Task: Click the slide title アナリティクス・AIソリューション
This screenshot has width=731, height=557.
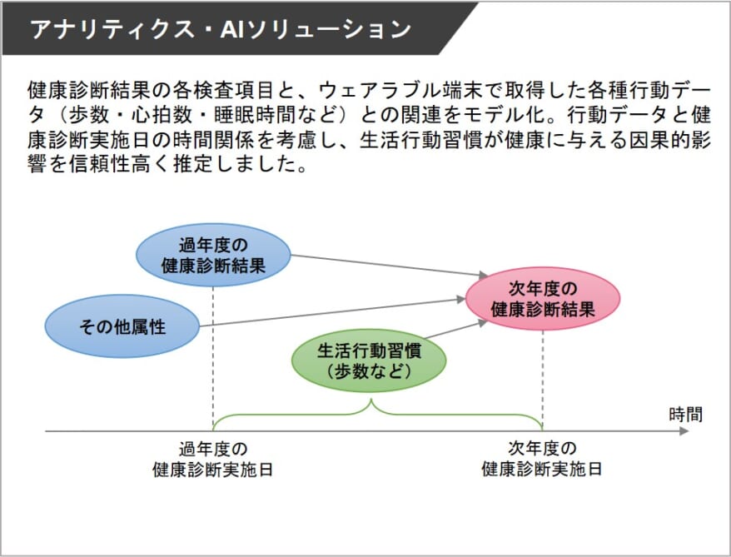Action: click(x=220, y=29)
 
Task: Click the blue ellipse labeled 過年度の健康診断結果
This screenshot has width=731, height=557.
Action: click(x=213, y=256)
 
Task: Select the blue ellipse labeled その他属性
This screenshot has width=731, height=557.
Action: click(x=122, y=326)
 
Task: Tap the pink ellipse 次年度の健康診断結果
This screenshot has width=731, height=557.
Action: click(x=543, y=299)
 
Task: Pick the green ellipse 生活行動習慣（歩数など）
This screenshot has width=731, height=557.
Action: click(x=369, y=361)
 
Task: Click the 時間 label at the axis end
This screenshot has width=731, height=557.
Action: click(x=685, y=414)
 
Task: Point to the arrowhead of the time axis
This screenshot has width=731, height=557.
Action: click(x=684, y=431)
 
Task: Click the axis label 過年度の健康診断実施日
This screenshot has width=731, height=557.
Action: click(x=213, y=459)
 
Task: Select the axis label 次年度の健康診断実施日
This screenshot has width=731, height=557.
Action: click(x=542, y=459)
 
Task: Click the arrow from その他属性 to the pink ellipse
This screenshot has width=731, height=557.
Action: click(x=333, y=312)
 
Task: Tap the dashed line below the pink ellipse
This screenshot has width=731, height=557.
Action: click(x=543, y=375)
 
